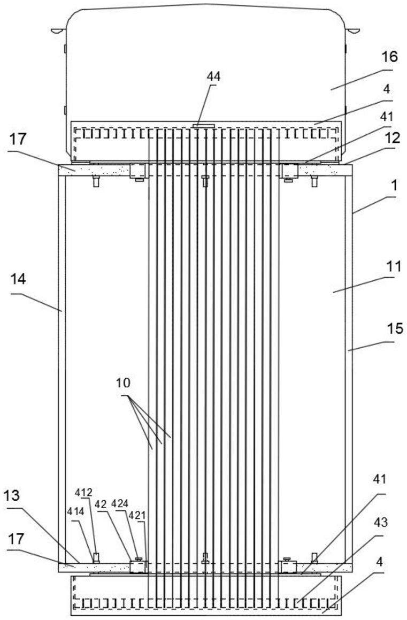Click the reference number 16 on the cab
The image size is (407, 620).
tap(389, 57)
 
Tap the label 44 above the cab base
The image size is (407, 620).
tap(213, 76)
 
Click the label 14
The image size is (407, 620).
tap(18, 279)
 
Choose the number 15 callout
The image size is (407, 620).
tap(395, 328)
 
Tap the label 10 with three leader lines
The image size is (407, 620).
tap(123, 383)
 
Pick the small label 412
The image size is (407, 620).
tap(84, 493)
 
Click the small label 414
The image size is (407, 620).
tap(75, 511)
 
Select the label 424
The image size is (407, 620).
tap(120, 504)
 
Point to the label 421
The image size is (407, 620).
tap(137, 515)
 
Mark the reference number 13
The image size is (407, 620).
tap(13, 496)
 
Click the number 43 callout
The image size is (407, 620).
tap(380, 522)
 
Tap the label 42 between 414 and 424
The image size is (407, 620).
tap(101, 504)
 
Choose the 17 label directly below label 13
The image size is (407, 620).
tap(16, 539)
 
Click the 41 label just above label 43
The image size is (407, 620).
tap(379, 479)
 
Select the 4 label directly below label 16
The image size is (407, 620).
tap(387, 89)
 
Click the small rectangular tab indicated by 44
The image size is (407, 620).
tap(203, 125)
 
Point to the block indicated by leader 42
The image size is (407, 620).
tap(137, 567)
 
